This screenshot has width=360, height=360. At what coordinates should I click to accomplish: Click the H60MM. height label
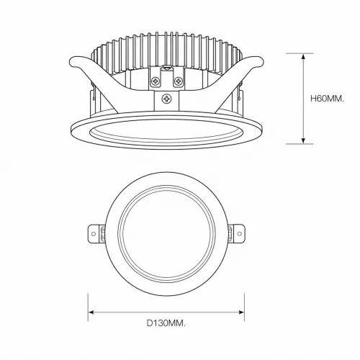tap(327, 99)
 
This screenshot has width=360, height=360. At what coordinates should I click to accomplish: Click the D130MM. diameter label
tap(166, 323)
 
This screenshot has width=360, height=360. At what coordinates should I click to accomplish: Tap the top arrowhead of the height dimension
tap(304, 57)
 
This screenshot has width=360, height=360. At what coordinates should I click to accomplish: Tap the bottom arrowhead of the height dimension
tap(304, 140)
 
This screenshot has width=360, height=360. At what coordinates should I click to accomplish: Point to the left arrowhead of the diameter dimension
tap(91, 312)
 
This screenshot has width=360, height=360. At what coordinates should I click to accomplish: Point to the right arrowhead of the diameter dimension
tap(241, 312)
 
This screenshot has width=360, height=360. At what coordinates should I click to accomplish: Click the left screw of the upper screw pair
tap(156, 81)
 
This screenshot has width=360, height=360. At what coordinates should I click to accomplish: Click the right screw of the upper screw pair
tap(178, 81)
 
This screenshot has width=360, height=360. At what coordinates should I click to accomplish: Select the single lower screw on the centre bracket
tap(166, 99)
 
